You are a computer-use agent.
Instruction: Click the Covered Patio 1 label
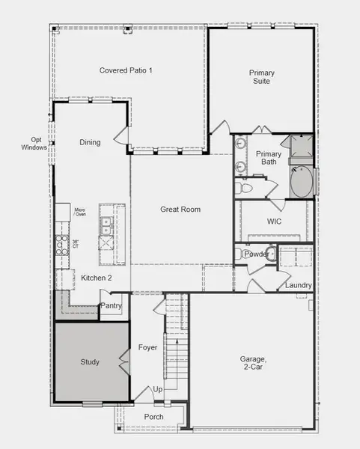(x=126, y=70)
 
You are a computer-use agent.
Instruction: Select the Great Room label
(x=180, y=210)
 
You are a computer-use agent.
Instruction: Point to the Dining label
(x=90, y=142)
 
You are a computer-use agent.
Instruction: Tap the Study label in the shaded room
(x=89, y=362)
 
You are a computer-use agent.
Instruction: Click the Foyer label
(x=147, y=348)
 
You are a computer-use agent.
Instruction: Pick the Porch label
(x=153, y=417)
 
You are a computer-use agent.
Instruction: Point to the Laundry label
(x=298, y=285)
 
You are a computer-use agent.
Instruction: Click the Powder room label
(x=256, y=254)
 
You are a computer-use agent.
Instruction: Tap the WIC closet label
(x=274, y=222)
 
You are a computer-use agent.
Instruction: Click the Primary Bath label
(x=268, y=158)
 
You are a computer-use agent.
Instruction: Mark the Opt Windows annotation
(x=36, y=144)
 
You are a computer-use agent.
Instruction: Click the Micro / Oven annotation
(x=80, y=213)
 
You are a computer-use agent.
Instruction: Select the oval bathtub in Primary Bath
(x=302, y=182)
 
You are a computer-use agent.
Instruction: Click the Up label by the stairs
(x=157, y=389)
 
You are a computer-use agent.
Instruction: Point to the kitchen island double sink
(x=106, y=222)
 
